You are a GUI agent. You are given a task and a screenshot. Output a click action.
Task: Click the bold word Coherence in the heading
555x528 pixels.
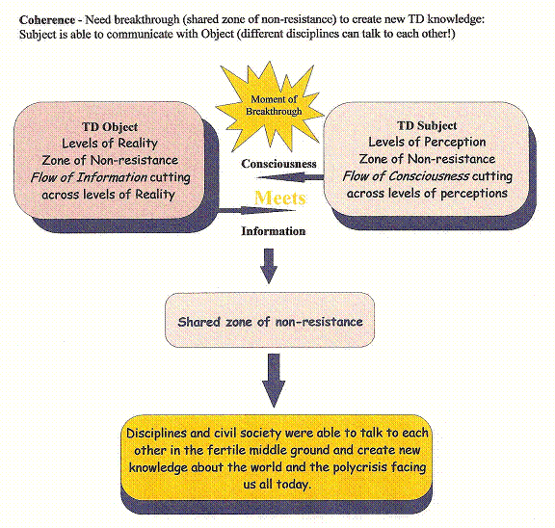point(47,20)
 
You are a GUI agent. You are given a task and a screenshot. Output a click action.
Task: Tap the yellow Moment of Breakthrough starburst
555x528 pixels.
point(272,106)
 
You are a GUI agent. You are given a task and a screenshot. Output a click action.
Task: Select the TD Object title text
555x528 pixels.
point(110,127)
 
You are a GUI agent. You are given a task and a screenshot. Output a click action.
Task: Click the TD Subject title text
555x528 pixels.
point(427,125)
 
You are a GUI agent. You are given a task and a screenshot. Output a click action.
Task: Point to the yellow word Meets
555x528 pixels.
point(279,198)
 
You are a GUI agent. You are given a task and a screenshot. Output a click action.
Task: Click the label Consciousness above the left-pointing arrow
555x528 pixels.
point(278,164)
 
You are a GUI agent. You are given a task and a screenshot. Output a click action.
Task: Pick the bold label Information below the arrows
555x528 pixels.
point(274,231)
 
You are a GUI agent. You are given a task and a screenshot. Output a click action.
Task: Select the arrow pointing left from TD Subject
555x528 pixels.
point(290,177)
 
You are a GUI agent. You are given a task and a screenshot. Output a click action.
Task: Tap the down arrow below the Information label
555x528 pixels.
point(269,266)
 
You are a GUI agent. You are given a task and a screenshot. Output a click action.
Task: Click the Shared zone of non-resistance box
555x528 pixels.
point(270,320)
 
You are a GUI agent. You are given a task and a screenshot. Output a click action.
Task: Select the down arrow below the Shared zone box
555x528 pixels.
point(274,381)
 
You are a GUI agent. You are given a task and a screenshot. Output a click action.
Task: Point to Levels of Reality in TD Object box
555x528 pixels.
point(110,144)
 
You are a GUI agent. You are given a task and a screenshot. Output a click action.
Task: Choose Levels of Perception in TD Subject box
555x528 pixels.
point(427,143)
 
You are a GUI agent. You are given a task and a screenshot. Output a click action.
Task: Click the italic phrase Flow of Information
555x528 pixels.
point(89,177)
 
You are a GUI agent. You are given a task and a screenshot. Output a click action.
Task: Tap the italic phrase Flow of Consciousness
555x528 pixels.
point(406,176)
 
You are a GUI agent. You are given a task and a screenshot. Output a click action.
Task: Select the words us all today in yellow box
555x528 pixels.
point(277,484)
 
